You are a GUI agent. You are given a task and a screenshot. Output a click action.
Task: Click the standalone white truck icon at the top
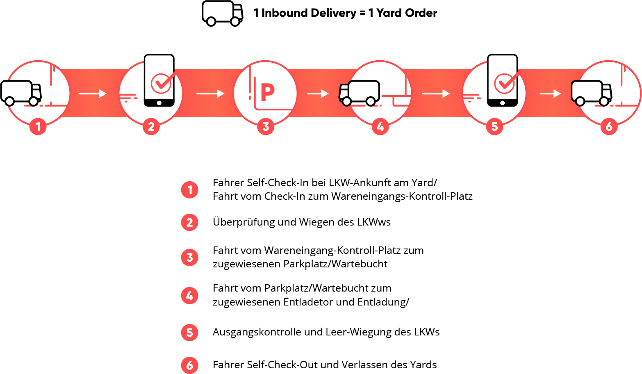coord(222,13)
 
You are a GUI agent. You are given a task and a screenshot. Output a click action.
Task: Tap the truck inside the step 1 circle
coord(21,93)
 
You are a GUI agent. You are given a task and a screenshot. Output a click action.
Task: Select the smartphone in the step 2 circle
coord(159,81)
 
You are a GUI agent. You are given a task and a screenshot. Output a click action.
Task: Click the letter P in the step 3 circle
coord(267,93)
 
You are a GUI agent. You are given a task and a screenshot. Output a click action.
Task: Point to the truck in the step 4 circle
coord(359,93)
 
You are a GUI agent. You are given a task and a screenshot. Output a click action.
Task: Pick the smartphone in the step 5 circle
coord(502,81)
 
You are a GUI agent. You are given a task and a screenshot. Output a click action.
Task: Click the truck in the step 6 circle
coord(591,93)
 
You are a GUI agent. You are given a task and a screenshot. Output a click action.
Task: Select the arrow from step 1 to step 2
coord(93,94)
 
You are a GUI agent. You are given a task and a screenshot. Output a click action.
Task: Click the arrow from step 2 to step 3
coord(210,94)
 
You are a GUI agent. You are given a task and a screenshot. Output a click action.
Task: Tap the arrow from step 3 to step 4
coord(318,94)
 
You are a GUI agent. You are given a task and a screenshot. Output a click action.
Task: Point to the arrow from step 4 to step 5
coord(436,94)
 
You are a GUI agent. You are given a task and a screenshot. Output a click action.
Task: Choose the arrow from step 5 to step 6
coord(550,94)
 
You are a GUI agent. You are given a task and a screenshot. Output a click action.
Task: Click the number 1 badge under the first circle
coord(38,127)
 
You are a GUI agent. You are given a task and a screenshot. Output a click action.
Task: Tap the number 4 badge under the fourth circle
coord(380,127)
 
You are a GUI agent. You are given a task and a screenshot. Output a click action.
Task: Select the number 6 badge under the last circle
coord(609,127)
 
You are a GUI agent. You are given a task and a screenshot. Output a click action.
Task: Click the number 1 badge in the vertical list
coord(189,190)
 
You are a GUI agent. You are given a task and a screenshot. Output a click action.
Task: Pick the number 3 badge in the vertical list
coord(189,258)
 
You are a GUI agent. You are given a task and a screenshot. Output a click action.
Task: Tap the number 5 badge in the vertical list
coord(189,332)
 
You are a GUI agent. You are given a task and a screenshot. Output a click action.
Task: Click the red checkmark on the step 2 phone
coord(162,83)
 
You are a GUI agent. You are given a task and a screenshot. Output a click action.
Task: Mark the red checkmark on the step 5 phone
coord(505,83)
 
